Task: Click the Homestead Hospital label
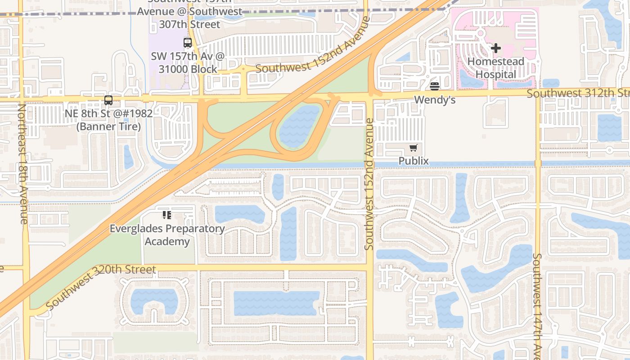point(495,68)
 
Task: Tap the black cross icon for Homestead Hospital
point(496,48)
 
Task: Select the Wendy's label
point(434,99)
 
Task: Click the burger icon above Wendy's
point(434,86)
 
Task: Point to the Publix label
point(414,161)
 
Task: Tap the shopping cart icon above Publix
point(414,148)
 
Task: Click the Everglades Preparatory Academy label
point(167,235)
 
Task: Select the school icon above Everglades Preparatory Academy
point(167,215)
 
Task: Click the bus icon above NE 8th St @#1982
point(108,100)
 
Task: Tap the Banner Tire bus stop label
point(108,120)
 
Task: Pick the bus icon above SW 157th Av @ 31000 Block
point(188,43)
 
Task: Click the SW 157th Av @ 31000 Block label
point(188,63)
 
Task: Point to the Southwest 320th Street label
point(101,287)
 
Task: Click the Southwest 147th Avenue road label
point(537,306)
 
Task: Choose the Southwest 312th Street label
point(578,93)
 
